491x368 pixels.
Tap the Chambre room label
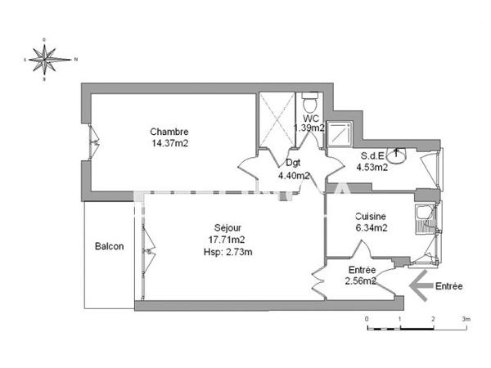[169, 132]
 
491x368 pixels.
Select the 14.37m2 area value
[169, 143]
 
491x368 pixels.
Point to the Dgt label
[293, 163]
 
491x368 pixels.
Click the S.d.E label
[373, 157]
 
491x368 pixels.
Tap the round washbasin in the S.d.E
[397, 154]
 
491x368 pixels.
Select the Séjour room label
[227, 227]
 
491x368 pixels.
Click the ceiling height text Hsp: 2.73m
[227, 251]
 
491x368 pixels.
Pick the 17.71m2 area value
[227, 239]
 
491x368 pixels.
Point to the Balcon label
[109, 246]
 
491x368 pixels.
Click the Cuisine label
[371, 217]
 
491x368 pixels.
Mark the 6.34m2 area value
[371, 228]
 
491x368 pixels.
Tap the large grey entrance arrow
[421, 286]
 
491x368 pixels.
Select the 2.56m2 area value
[361, 280]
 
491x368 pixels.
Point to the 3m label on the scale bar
[466, 318]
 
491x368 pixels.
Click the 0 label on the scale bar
[367, 318]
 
